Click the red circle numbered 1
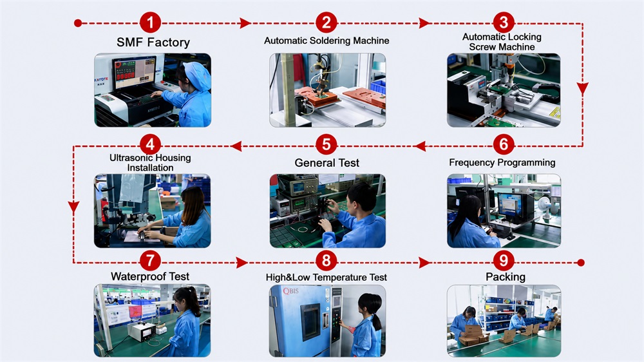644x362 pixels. click(x=150, y=23)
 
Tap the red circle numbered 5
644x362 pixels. click(x=327, y=144)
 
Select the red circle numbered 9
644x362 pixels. click(x=504, y=260)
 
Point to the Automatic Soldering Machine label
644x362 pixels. click(x=327, y=41)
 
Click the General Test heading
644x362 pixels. click(x=327, y=163)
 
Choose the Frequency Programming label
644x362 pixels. click(x=502, y=163)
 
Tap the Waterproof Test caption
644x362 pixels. click(x=150, y=276)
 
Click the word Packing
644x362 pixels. click(x=506, y=277)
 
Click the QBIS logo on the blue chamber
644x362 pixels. click(x=290, y=291)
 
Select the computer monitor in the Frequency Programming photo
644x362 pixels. click(x=509, y=205)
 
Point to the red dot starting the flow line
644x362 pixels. click(x=78, y=23)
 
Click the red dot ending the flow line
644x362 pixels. click(x=581, y=263)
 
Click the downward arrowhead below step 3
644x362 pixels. click(x=582, y=89)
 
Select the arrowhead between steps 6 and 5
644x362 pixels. click(x=420, y=146)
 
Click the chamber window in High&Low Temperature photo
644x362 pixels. click(x=310, y=321)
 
